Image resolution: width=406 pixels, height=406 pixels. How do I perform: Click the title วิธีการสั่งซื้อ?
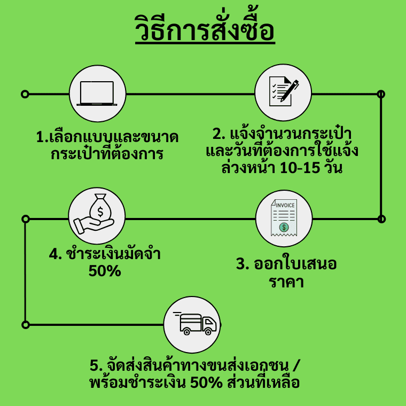point(205,28)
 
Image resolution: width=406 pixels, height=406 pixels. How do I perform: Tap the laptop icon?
point(97,93)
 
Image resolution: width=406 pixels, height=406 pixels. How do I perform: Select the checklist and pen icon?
point(284,91)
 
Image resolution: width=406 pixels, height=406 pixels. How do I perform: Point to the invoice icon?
point(284,217)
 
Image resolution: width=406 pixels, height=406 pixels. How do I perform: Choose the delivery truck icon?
point(194,324)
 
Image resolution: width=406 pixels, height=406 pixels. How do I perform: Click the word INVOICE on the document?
point(285,205)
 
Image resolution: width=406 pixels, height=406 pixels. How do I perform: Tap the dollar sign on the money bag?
point(100,212)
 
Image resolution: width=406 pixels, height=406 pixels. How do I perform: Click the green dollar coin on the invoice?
point(284,228)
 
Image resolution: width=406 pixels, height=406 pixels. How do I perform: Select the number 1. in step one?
point(42,137)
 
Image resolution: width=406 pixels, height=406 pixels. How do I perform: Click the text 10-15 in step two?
point(300,168)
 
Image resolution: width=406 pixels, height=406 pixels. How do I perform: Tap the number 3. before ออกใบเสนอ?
point(243,264)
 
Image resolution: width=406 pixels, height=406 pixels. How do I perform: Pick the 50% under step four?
point(105,271)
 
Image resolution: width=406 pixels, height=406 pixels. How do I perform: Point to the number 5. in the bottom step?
point(96,365)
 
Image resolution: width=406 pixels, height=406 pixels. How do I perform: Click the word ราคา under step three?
point(286,282)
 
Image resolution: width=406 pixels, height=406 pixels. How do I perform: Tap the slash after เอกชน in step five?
point(296,365)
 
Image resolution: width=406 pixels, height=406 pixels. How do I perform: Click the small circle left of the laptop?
point(25,94)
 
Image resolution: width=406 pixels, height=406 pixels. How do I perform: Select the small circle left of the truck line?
point(26,325)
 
